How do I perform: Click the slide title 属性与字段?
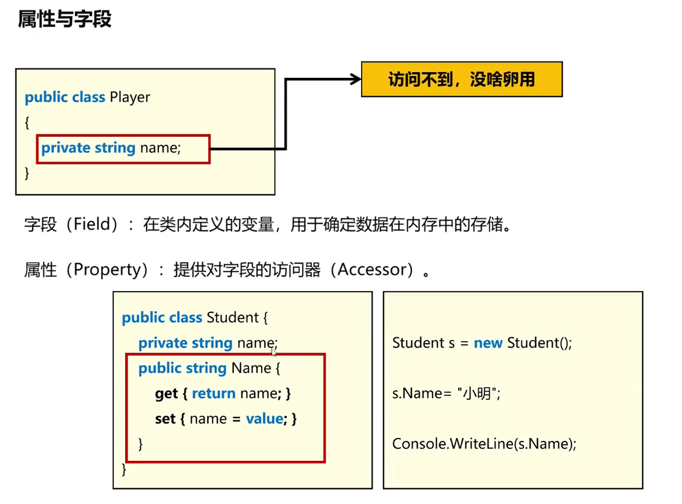click(x=64, y=19)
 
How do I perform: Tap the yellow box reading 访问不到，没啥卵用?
click(x=462, y=79)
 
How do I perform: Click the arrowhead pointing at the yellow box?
click(x=355, y=79)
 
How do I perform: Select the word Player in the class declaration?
click(x=130, y=97)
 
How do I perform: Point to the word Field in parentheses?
click(x=92, y=225)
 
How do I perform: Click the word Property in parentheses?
click(x=108, y=270)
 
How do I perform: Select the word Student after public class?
click(x=232, y=317)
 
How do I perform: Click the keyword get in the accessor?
click(x=166, y=393)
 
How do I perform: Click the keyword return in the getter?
click(x=213, y=393)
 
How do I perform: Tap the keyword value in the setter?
click(x=264, y=419)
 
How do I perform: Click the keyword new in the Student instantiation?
click(x=488, y=343)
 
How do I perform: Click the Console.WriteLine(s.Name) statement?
click(x=484, y=444)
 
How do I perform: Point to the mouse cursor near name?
click(x=274, y=352)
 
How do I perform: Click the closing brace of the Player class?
click(x=27, y=173)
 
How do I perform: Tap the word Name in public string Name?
click(x=251, y=368)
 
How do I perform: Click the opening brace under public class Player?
click(x=27, y=122)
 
